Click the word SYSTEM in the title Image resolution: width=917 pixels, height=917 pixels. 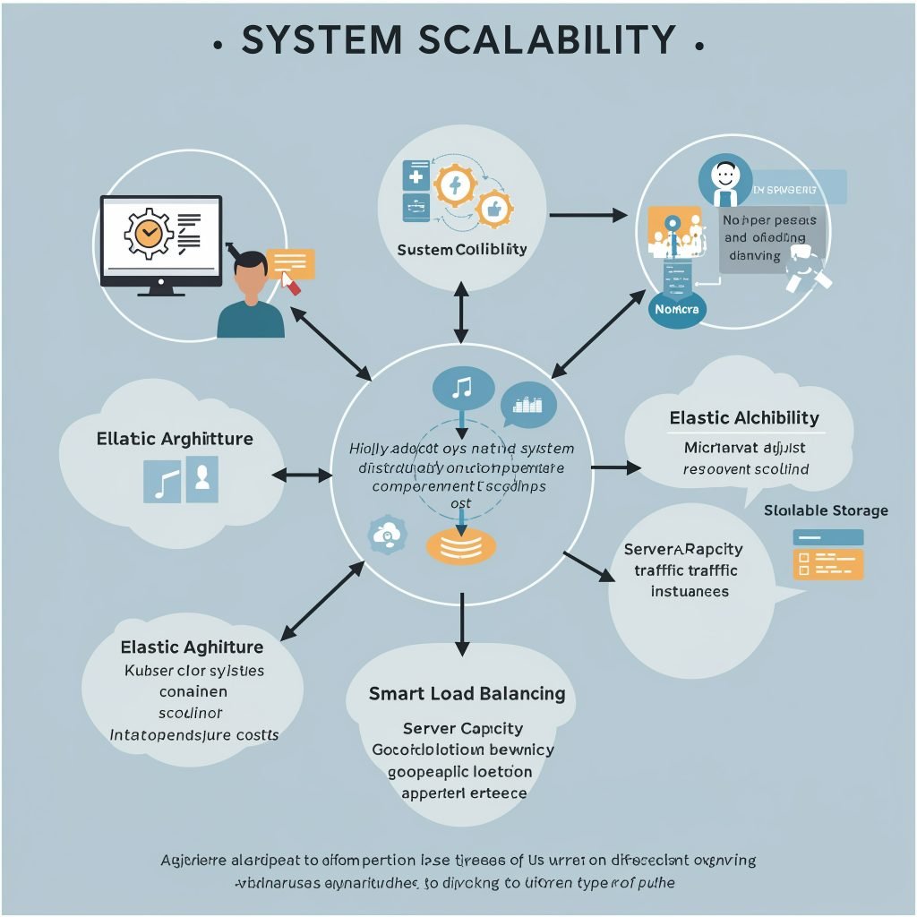click(x=321, y=41)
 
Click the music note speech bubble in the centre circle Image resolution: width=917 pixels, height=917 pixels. click(x=463, y=389)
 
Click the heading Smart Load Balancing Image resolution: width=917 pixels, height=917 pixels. click(x=467, y=693)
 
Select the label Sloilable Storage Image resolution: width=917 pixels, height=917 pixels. click(x=826, y=510)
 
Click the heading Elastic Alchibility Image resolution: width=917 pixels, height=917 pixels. click(x=743, y=418)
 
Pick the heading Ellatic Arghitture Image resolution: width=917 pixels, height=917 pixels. click(x=175, y=439)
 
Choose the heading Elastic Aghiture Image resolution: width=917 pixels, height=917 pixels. click(x=192, y=647)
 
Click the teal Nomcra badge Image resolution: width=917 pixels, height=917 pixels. click(x=677, y=309)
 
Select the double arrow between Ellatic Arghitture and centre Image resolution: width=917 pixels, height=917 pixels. click(x=302, y=475)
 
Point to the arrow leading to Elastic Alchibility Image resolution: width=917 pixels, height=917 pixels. click(x=617, y=467)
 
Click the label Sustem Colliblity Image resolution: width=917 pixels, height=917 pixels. click(x=461, y=249)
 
